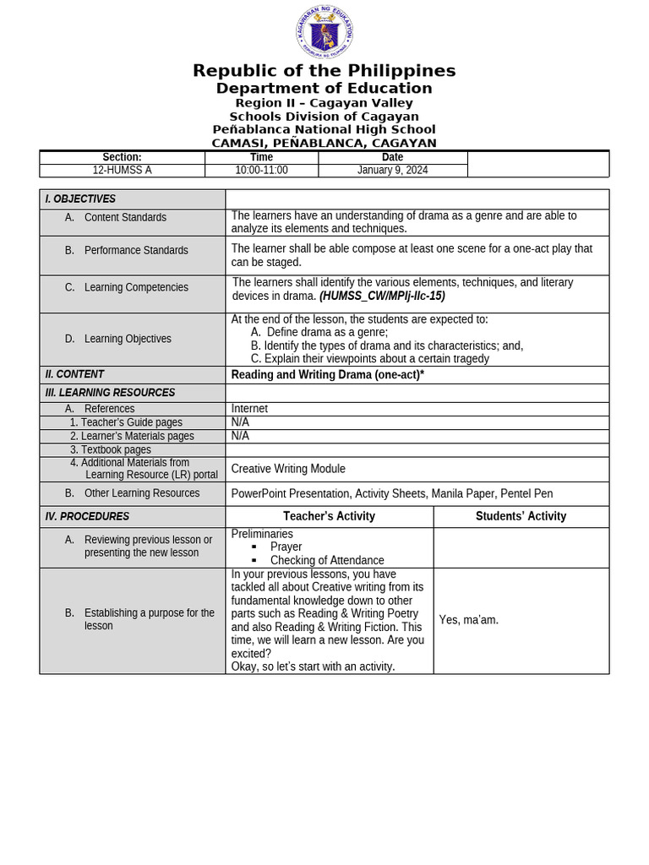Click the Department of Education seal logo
pos(324,33)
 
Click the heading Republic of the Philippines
pos(324,71)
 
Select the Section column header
pos(122,157)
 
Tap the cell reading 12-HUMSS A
pos(122,170)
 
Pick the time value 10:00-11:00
pos(261,170)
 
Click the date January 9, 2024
pos(392,170)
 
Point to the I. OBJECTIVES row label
pos(80,199)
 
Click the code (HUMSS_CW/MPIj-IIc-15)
pos(382,296)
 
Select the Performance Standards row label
pos(136,251)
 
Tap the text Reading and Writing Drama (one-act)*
pos(327,375)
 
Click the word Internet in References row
pos(249,409)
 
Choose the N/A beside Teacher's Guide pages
pos(240,422)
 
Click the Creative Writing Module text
pos(288,469)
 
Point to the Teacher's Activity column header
pos(329,516)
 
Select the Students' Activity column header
pos(521,516)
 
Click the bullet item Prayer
pos(286,547)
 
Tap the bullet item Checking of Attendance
pos(327,560)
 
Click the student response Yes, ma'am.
pos(469,620)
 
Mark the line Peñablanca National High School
pos(324,130)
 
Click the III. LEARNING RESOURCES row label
pos(110,393)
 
